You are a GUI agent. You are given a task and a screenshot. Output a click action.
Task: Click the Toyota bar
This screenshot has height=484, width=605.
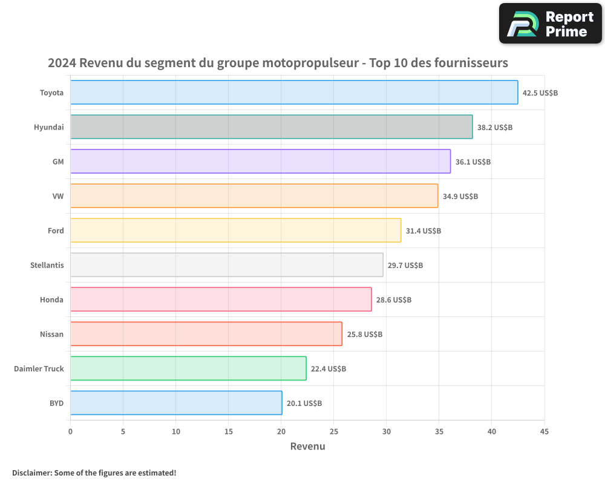[294, 93]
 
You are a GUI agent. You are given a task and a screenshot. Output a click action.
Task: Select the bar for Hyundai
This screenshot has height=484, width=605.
[272, 127]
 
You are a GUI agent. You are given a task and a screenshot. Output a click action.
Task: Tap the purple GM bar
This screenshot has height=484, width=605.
[260, 162]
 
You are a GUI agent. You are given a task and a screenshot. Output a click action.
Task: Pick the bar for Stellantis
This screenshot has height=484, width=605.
[227, 265]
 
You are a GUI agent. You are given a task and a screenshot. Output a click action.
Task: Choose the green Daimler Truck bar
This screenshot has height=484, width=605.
[188, 368]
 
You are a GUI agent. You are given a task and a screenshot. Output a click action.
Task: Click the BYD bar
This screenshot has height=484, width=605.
[176, 403]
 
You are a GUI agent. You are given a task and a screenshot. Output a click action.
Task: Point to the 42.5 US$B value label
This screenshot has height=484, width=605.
[540, 93]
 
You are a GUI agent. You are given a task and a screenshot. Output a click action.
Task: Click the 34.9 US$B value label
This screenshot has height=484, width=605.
[460, 197]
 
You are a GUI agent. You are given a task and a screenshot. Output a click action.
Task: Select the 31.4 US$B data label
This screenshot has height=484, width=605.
[423, 231]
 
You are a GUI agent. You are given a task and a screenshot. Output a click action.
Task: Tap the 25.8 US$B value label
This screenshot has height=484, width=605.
[365, 335]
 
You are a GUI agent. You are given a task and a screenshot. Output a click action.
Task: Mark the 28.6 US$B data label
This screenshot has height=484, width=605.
[394, 300]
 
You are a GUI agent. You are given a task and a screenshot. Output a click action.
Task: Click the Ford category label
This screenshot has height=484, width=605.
[56, 231]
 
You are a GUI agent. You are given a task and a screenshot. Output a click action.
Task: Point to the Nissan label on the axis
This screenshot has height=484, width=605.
[51, 335]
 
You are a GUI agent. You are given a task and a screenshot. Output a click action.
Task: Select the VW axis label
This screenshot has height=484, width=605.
[58, 197]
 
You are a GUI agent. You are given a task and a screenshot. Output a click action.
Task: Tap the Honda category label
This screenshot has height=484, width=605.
[51, 300]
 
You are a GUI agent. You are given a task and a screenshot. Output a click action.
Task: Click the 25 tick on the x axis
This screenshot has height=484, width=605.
[334, 431]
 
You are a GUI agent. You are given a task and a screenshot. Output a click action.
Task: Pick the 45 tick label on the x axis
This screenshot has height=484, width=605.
[544, 431]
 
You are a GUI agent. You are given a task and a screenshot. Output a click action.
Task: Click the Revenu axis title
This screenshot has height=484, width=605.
[307, 446]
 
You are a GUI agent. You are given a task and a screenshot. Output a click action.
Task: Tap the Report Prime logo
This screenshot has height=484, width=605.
[551, 23]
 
